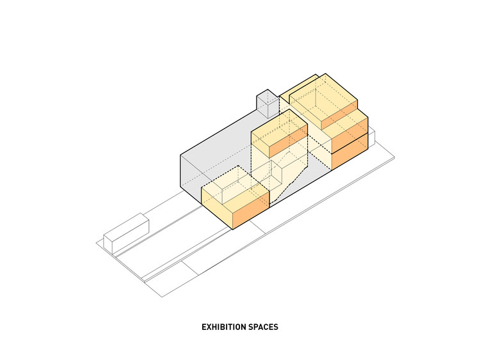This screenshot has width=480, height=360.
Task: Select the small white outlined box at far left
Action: pyautogui.click(x=126, y=234)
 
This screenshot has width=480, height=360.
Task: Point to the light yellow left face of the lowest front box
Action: pyautogui.click(x=217, y=207)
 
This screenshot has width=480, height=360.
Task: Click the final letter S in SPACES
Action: pyautogui.click(x=276, y=327)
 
